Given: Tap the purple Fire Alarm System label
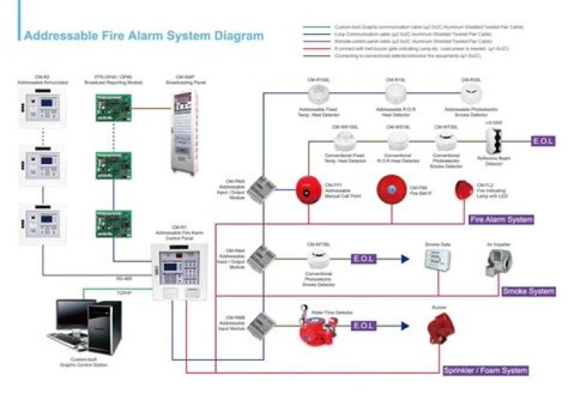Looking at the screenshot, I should (x=501, y=219).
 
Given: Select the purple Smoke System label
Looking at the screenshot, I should (x=529, y=291).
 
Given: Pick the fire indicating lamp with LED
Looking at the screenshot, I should (x=465, y=190).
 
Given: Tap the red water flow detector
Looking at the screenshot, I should (x=316, y=329).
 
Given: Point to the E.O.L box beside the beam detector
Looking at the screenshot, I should (x=545, y=141).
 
